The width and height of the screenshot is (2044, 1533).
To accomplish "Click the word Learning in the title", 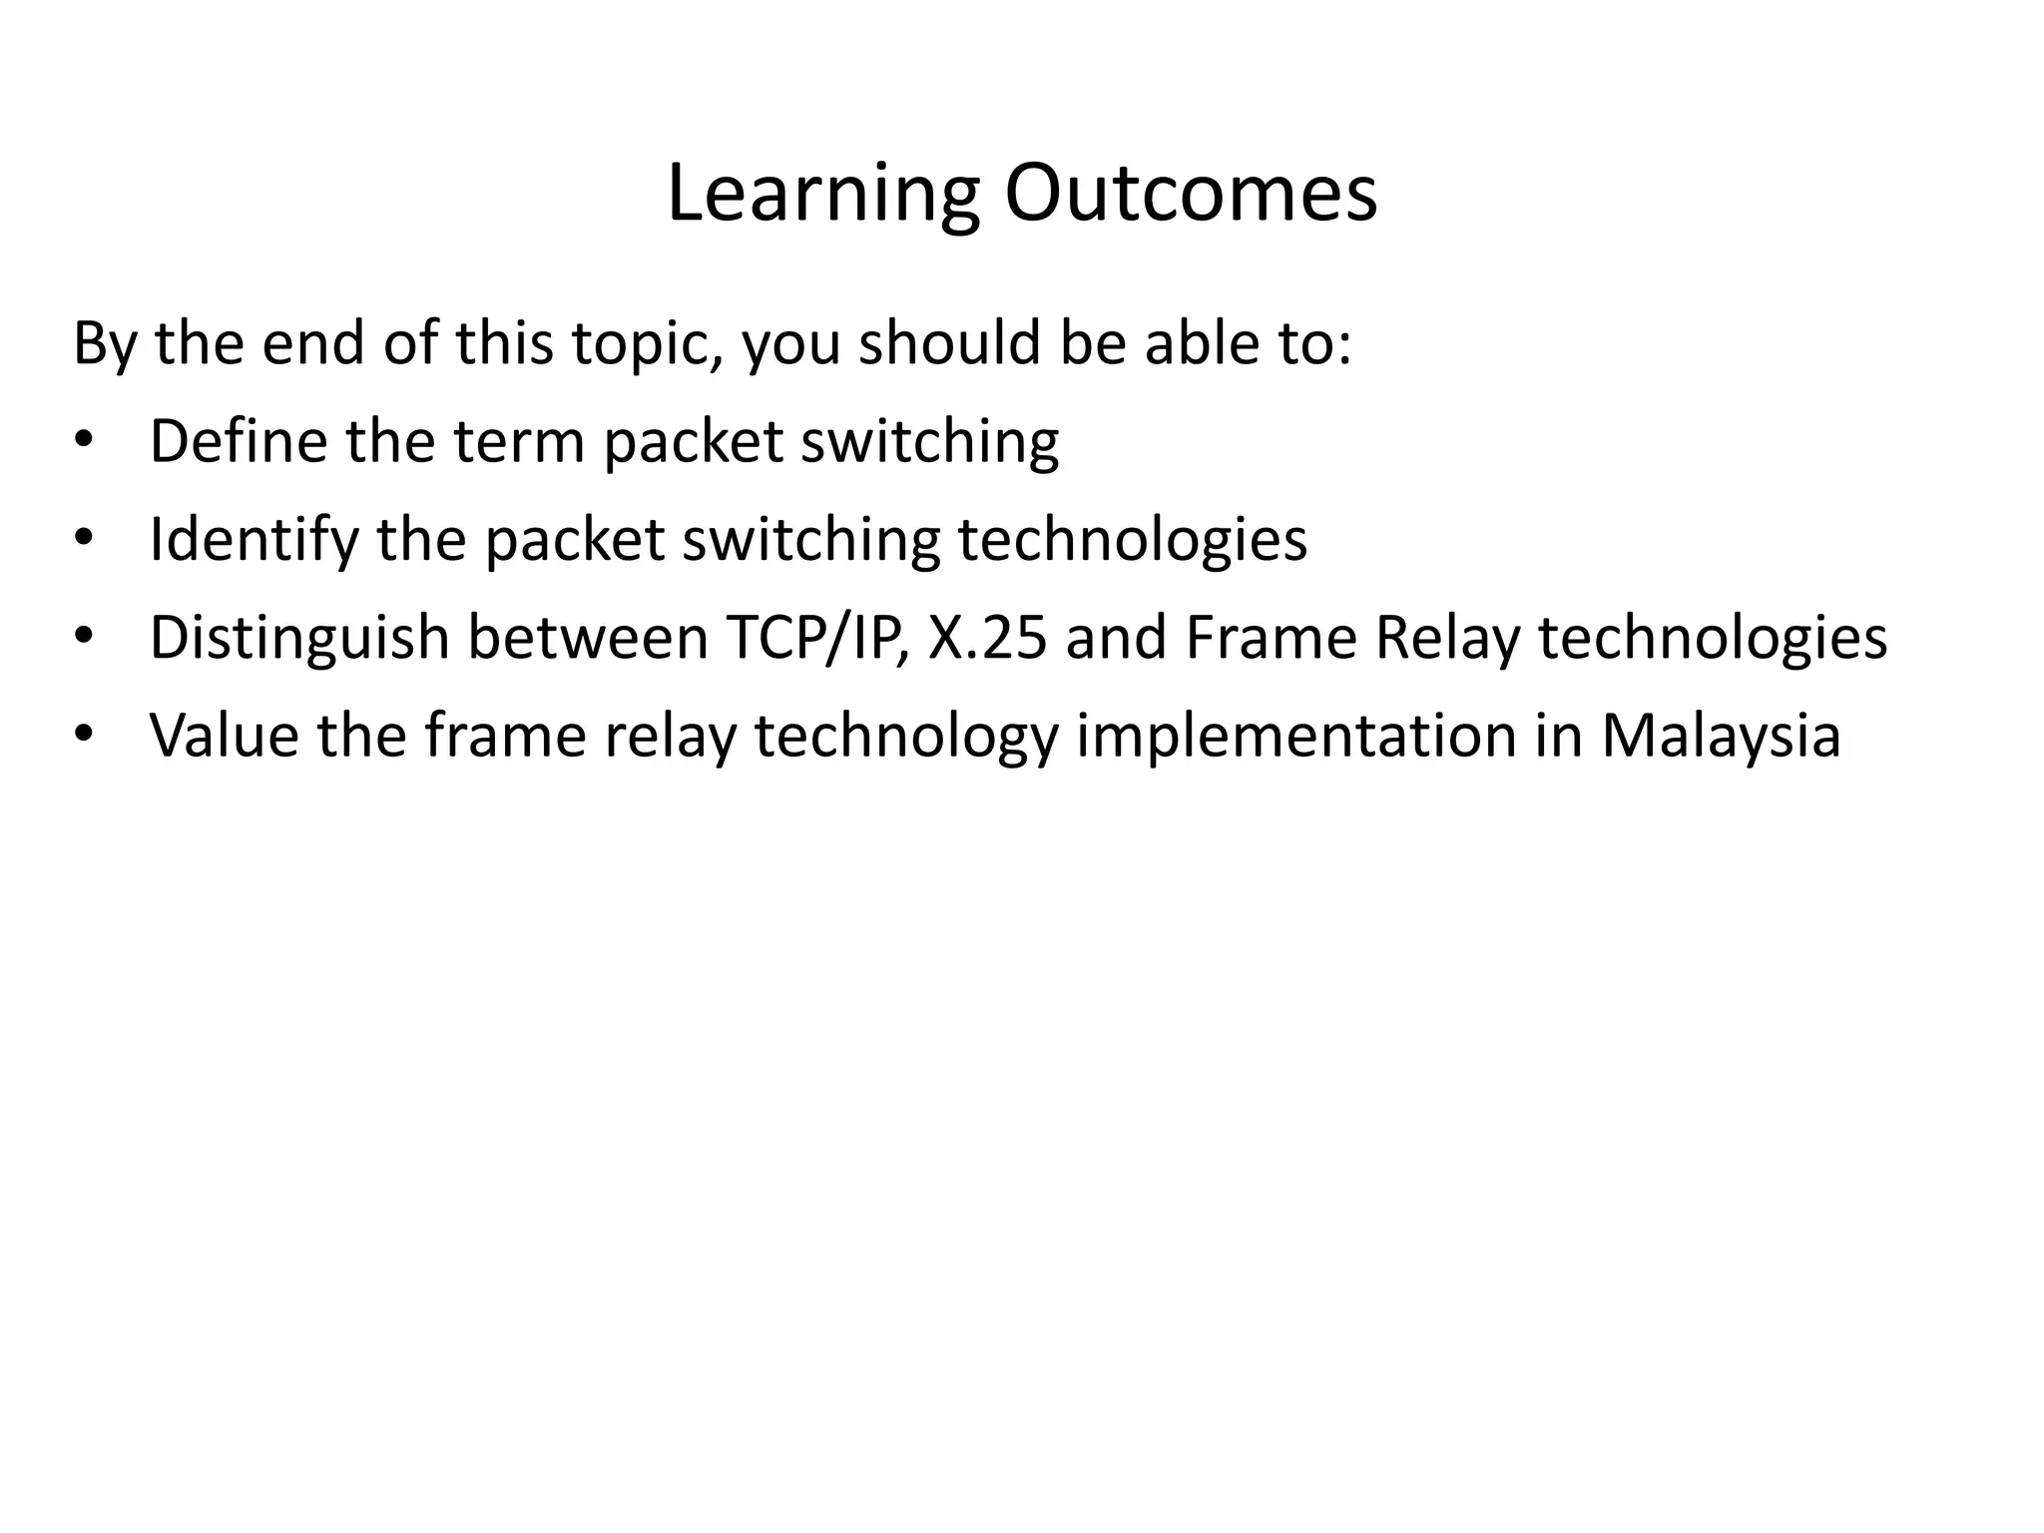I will pos(822,194).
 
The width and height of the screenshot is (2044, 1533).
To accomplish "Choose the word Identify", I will pos(254,539).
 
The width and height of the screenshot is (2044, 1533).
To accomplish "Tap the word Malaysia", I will pos(1721,736).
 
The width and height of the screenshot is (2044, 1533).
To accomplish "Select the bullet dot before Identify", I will pos(82,539).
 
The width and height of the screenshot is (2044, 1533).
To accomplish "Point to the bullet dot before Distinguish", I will pos(82,637).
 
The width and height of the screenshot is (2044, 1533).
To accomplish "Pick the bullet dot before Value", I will pos(82,736).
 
